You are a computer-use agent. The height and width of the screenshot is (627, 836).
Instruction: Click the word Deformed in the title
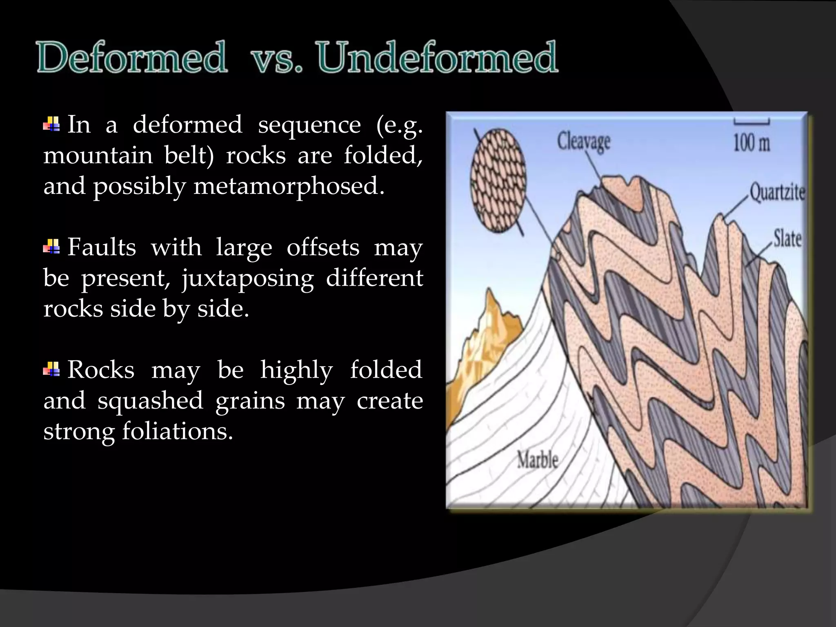pos(131,58)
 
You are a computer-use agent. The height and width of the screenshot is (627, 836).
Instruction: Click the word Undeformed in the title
pos(437,58)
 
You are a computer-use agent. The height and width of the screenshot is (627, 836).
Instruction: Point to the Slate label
pos(787,238)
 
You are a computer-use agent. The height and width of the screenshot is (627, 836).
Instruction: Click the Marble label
pos(537,460)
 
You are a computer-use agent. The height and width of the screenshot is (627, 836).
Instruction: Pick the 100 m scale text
pos(752,143)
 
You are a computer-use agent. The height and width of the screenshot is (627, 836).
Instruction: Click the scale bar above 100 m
pos(752,122)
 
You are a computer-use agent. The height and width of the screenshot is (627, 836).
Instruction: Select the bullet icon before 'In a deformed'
pos(52,124)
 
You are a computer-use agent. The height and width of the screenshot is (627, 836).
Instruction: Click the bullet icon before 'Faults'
pos(52,247)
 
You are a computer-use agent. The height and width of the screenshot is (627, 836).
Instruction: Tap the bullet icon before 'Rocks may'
pos(52,369)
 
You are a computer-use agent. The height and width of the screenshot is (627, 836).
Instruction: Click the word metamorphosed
pos(289,186)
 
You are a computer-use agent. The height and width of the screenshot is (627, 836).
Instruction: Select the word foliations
pos(178,431)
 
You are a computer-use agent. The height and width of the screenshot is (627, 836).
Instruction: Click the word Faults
pos(102,247)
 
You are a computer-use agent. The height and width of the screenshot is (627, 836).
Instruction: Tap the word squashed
pos(150,401)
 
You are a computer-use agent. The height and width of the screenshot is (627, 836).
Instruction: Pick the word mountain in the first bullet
pos(98,156)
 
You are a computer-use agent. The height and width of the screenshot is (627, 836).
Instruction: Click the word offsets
pos(323,247)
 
